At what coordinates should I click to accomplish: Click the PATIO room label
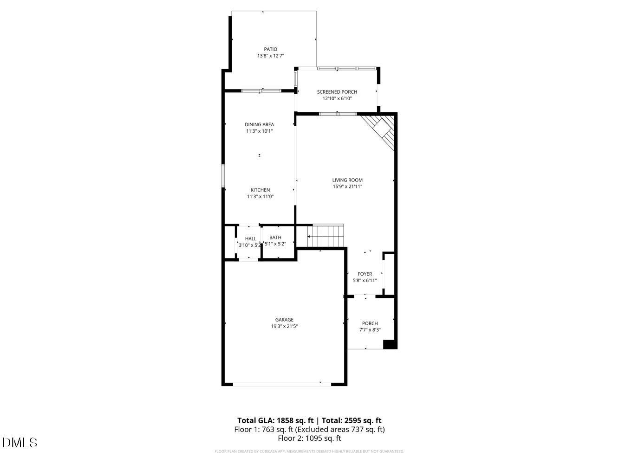(x=270, y=49)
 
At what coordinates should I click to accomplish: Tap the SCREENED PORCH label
(x=337, y=92)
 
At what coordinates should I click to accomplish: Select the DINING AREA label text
(x=259, y=124)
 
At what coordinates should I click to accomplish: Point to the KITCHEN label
(x=260, y=190)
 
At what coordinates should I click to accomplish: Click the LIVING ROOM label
(x=347, y=180)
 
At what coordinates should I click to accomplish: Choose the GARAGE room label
(x=284, y=320)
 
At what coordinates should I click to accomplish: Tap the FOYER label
(x=365, y=274)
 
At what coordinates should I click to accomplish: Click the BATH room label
(x=275, y=238)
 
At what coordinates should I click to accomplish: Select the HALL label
(x=251, y=239)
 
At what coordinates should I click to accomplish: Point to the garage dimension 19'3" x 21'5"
(x=284, y=326)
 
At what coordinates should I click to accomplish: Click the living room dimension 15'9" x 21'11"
(x=347, y=187)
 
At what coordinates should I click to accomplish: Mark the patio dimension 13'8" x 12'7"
(x=270, y=56)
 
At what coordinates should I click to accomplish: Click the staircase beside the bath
(x=326, y=236)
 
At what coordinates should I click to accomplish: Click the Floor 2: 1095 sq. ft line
(x=309, y=438)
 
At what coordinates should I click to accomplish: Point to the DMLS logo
(x=20, y=442)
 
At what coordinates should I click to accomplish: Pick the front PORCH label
(x=370, y=323)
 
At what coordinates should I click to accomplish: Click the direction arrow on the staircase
(x=310, y=237)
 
